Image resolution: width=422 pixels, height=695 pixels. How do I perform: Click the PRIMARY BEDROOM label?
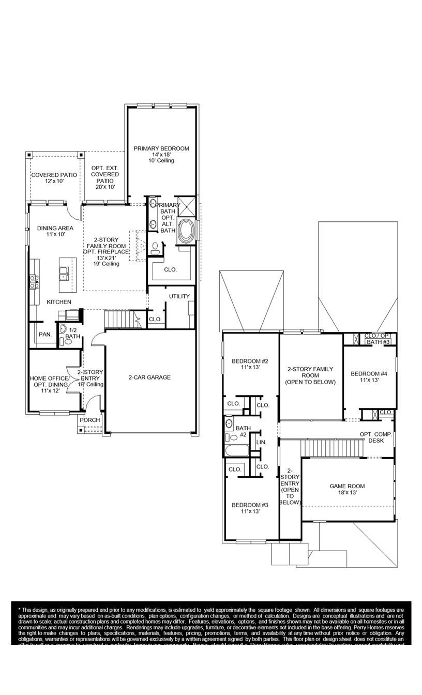(161, 149)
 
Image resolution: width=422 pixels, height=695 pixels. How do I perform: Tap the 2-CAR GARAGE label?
(149, 377)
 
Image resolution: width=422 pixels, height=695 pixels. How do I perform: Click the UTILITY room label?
(179, 296)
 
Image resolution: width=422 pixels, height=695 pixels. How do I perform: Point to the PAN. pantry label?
(45, 335)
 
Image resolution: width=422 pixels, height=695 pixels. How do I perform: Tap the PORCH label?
(89, 420)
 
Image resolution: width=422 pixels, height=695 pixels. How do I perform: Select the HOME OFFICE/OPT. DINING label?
(50, 382)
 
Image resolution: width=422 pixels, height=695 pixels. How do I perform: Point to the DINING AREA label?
(55, 228)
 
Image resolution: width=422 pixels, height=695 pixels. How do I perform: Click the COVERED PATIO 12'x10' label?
(54, 175)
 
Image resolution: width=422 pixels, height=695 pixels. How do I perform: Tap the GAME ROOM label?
(347, 486)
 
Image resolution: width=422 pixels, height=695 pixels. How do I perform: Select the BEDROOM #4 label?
(369, 374)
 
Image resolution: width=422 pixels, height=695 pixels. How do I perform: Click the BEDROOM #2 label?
(249, 361)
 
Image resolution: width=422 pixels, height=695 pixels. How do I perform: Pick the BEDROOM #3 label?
(249, 505)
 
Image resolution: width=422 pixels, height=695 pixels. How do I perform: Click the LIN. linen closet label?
(261, 442)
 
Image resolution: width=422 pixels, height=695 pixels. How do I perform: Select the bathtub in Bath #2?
(237, 450)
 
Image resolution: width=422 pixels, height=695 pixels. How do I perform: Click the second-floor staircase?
(326, 448)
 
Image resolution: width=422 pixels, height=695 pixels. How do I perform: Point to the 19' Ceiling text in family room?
(106, 264)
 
